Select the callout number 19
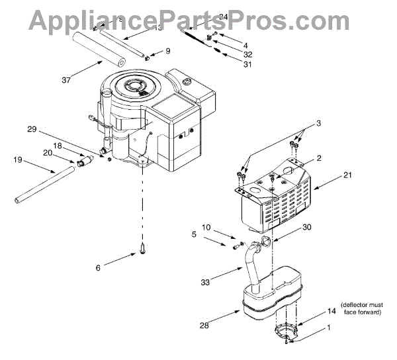pos(17,159)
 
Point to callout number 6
pos(99,267)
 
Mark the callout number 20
pos(48,152)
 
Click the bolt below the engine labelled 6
pos(142,250)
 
